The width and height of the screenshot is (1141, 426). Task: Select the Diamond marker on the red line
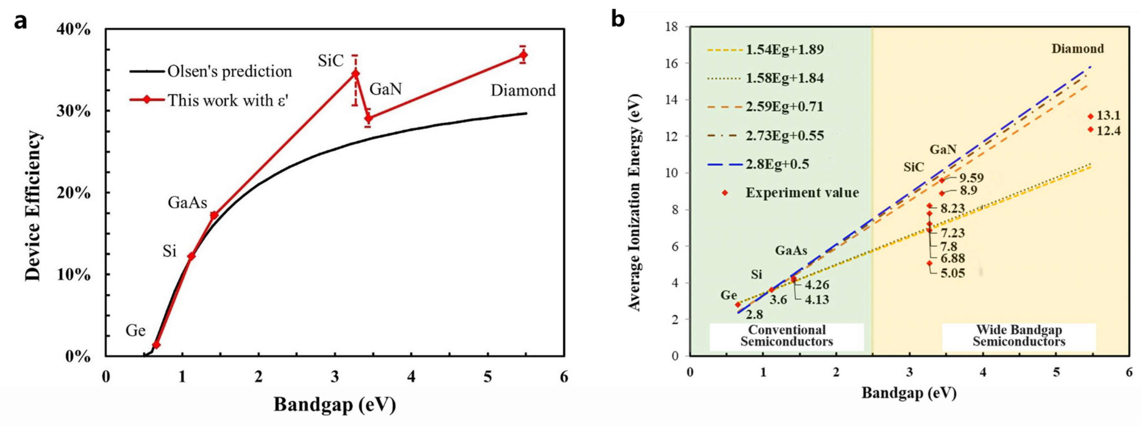point(523,55)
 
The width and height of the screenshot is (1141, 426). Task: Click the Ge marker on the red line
point(156,345)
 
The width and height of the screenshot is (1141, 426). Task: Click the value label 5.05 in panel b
point(952,273)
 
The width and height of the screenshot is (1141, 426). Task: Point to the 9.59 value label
point(971,178)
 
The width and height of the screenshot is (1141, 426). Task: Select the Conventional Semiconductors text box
point(786,336)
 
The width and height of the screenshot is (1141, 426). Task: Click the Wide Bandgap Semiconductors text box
point(1019,336)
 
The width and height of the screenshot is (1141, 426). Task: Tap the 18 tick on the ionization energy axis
point(672,27)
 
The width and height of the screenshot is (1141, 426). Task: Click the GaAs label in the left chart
point(187,203)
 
